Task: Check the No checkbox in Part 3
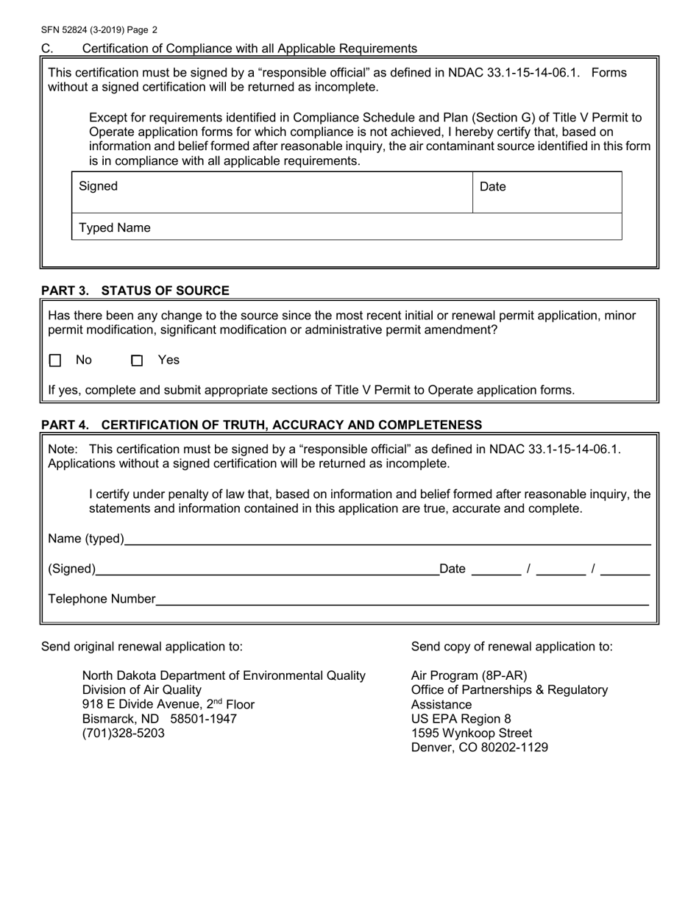(x=55, y=361)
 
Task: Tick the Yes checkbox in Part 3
(x=137, y=361)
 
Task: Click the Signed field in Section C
(x=272, y=193)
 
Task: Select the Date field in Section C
(x=547, y=193)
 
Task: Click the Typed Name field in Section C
(x=346, y=228)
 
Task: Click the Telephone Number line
(x=402, y=599)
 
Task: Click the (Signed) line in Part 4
(x=268, y=568)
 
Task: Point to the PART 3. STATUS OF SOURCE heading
(x=135, y=291)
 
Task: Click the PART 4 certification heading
(x=261, y=425)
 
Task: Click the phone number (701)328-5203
(x=123, y=734)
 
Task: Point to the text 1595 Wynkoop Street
(x=472, y=734)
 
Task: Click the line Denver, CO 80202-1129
(x=479, y=748)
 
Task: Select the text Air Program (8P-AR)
(x=469, y=675)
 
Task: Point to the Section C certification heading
(x=249, y=49)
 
